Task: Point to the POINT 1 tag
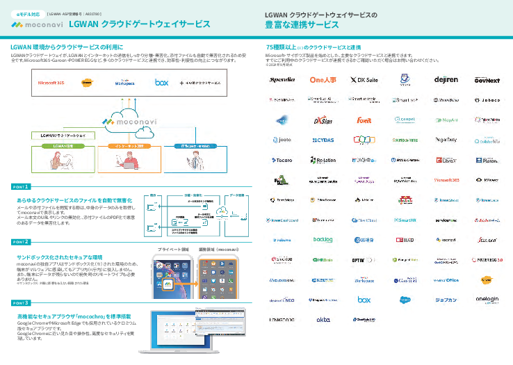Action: [x=21, y=187]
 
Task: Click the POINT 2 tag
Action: [x=21, y=241]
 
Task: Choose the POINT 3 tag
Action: [x=21, y=303]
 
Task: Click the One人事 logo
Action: [x=323, y=80]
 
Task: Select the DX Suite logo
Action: [x=363, y=80]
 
